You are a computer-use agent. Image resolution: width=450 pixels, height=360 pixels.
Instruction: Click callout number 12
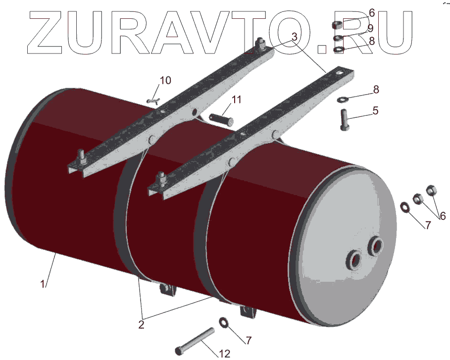pyautogui.click(x=224, y=354)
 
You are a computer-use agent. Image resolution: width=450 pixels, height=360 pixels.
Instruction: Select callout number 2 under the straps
pyautogui.click(x=141, y=325)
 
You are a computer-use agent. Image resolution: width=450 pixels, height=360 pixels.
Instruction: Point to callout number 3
pyautogui.click(x=294, y=37)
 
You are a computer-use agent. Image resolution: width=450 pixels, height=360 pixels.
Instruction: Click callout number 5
pyautogui.click(x=376, y=111)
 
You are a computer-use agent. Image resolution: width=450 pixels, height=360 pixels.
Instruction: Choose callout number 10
pyautogui.click(x=165, y=80)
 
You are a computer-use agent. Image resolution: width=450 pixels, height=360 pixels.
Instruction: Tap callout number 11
pyautogui.click(x=236, y=100)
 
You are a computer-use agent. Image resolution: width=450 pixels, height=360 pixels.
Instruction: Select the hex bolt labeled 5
pyautogui.click(x=345, y=119)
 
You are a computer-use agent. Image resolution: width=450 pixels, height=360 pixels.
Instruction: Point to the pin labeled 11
pyautogui.click(x=220, y=119)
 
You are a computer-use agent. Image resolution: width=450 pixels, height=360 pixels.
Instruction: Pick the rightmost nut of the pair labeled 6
pyautogui.click(x=430, y=190)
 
